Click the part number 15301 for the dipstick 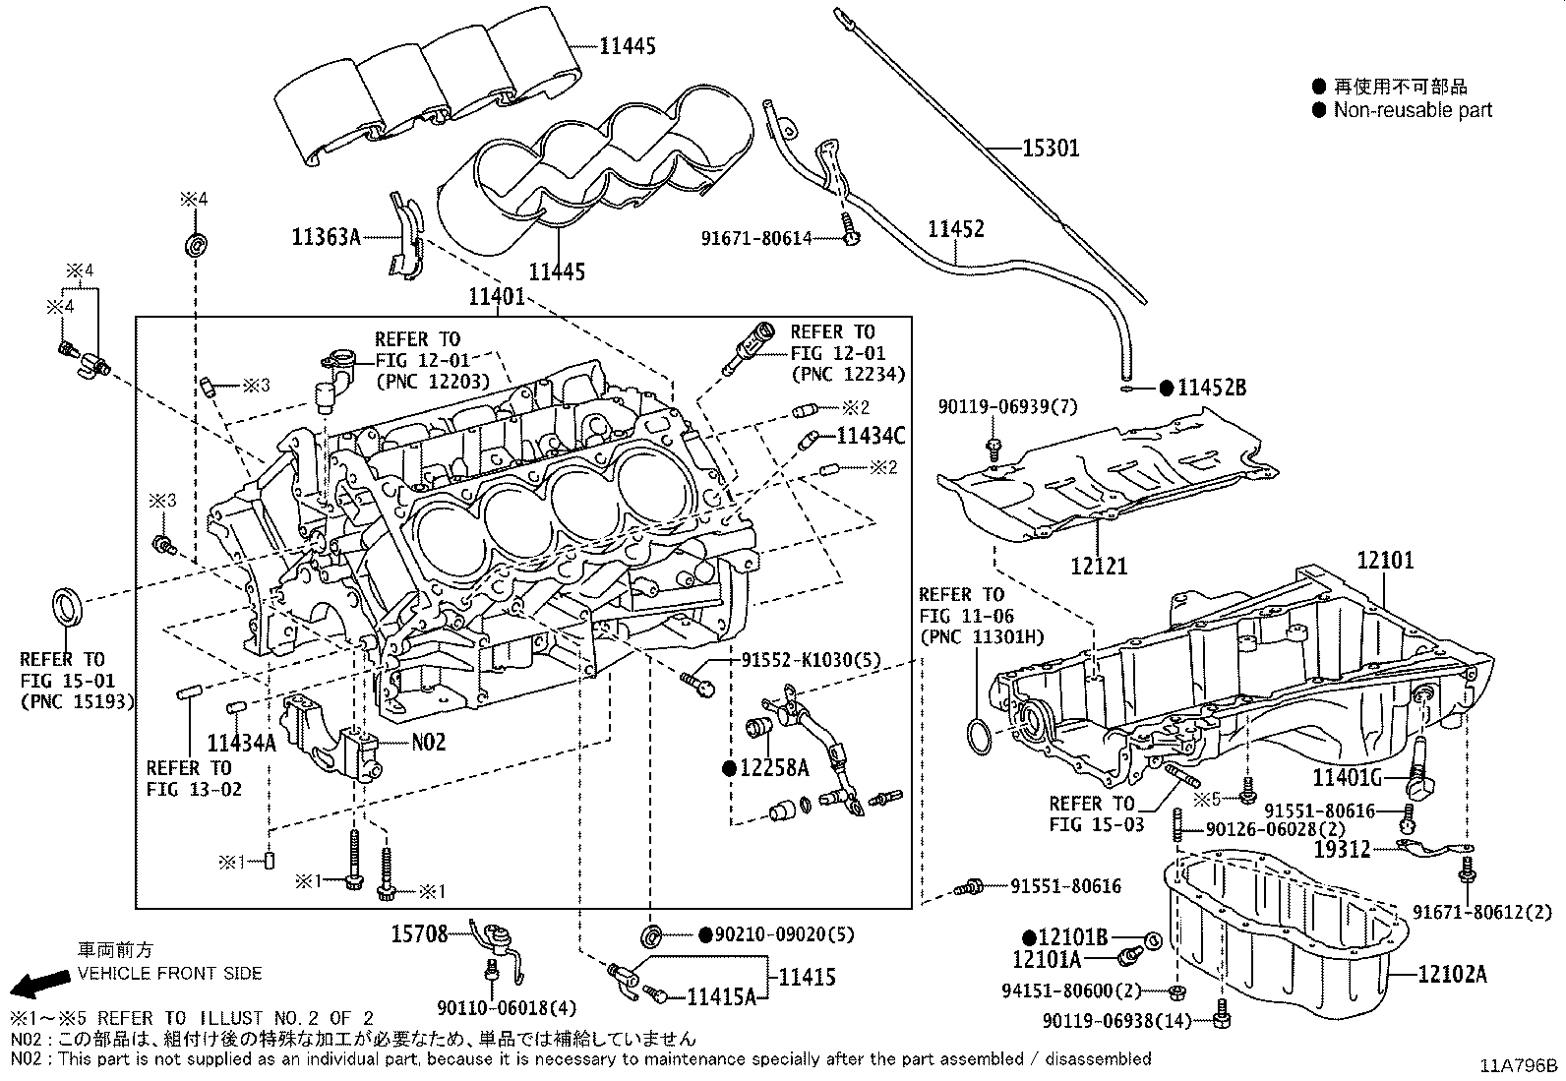tap(1051, 149)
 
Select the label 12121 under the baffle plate tap(1099, 566)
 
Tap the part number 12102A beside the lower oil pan tap(1452, 974)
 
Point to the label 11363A tap(326, 238)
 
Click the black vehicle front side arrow tap(40, 985)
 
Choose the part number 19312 tap(1343, 850)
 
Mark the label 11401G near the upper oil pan tap(1348, 777)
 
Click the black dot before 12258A tap(729, 769)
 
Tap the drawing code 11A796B tap(1519, 1065)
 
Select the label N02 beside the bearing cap tap(429, 742)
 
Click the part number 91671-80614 tap(756, 239)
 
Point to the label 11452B tap(1212, 389)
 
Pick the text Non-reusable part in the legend tap(1413, 110)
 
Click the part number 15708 tap(419, 934)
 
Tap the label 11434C tap(871, 437)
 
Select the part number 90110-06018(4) tap(507, 1008)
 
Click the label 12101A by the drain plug tap(1047, 959)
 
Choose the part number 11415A tap(721, 997)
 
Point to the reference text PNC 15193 tap(77, 701)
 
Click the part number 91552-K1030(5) tap(811, 660)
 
